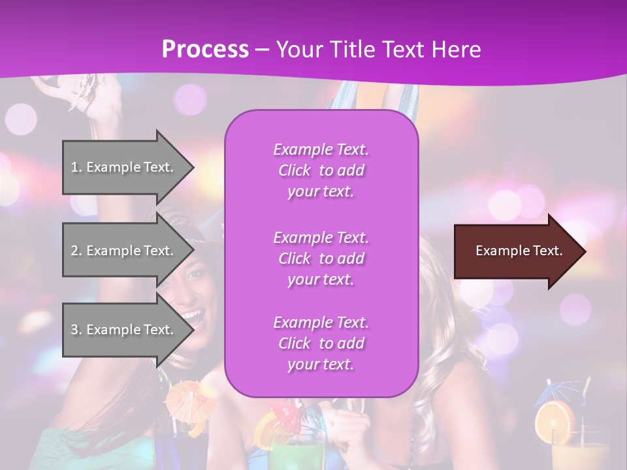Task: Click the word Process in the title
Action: point(205,49)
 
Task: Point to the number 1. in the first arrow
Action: point(76,167)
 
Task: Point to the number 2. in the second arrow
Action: point(76,251)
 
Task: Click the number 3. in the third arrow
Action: point(76,330)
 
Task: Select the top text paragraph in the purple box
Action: point(321,170)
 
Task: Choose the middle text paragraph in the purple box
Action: point(321,258)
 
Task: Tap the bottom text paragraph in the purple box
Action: point(321,343)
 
